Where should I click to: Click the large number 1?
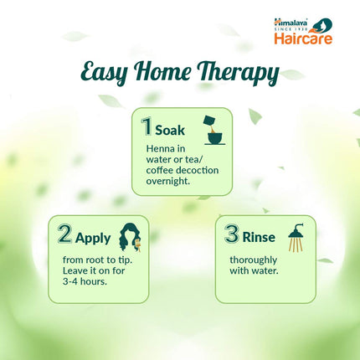pyautogui.click(x=147, y=127)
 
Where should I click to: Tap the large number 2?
pyautogui.click(x=65, y=233)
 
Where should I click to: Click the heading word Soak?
pyautogui.click(x=170, y=130)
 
